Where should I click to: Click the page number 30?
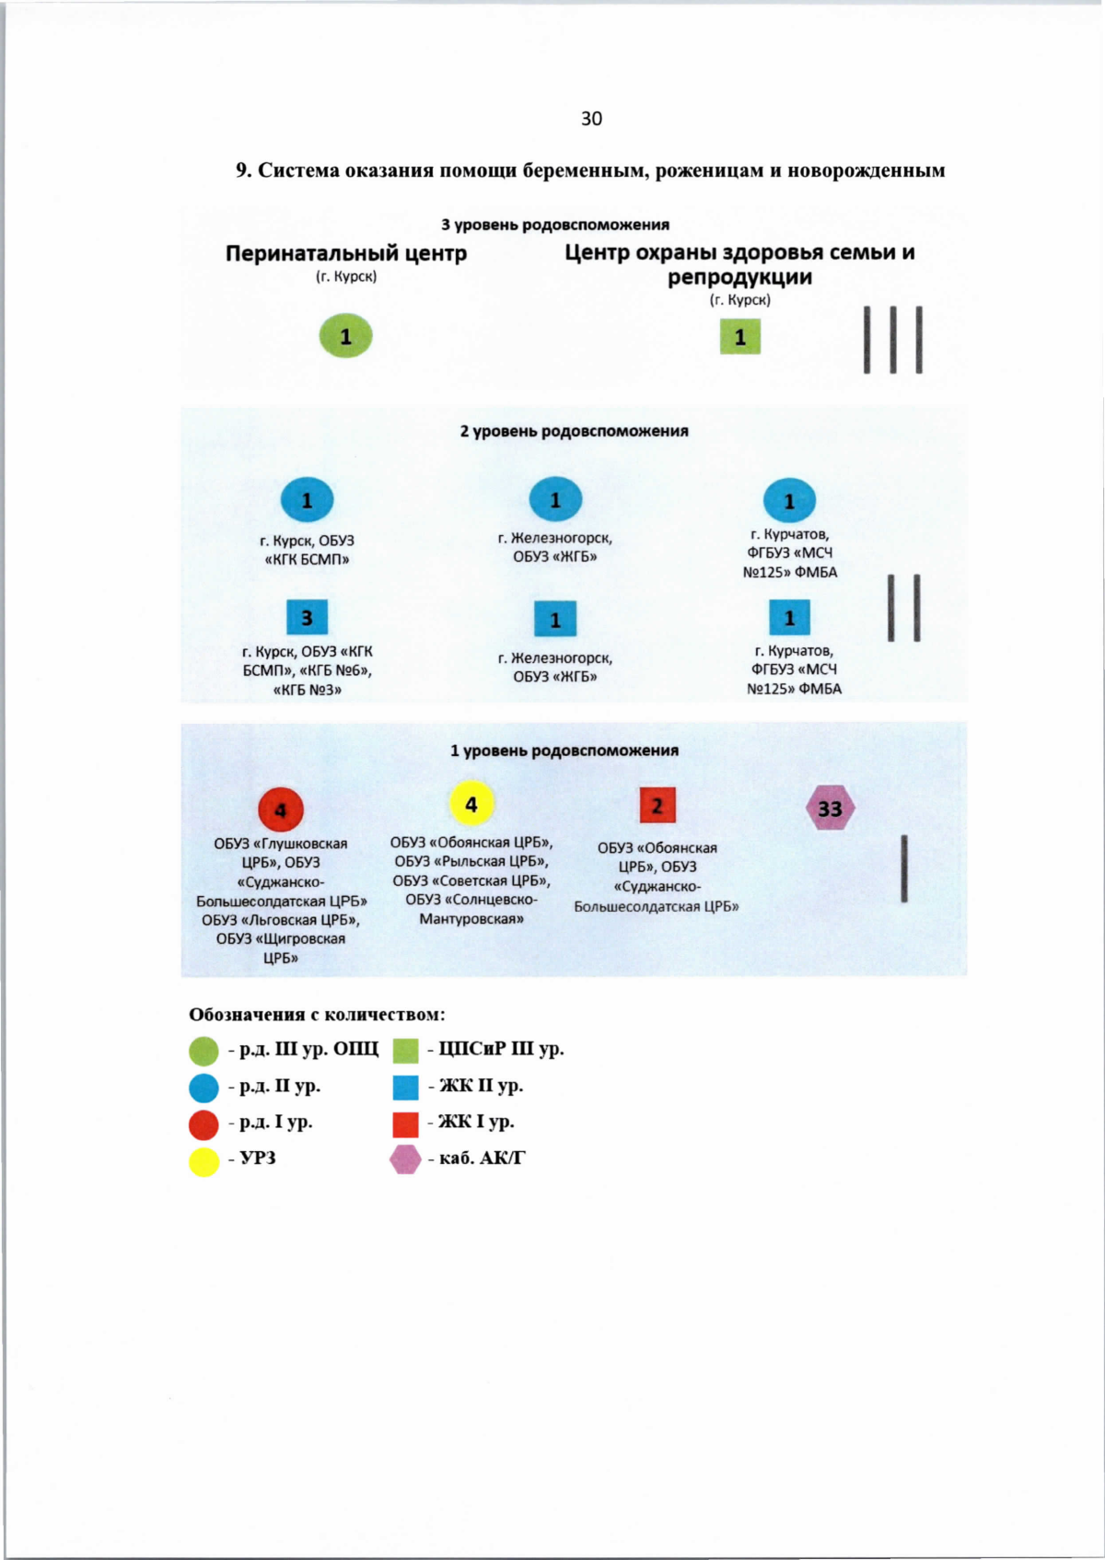pyautogui.click(x=591, y=119)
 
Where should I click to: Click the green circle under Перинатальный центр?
pyautogui.click(x=345, y=336)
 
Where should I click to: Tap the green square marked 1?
pyautogui.click(x=739, y=337)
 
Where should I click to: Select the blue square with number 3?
pyautogui.click(x=307, y=617)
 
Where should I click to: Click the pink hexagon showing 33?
pyautogui.click(x=830, y=809)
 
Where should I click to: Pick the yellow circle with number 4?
pyautogui.click(x=471, y=804)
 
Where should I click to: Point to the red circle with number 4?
pyautogui.click(x=281, y=810)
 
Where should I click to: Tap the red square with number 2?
pyautogui.click(x=657, y=806)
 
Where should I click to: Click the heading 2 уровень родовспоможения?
pyautogui.click(x=574, y=431)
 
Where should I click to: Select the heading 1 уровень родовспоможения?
pyautogui.click(x=564, y=751)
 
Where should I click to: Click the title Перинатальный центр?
pyautogui.click(x=346, y=253)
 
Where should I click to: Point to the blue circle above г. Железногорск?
pyautogui.click(x=555, y=500)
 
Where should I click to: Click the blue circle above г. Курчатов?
pyautogui.click(x=789, y=501)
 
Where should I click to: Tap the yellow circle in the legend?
pyautogui.click(x=204, y=1161)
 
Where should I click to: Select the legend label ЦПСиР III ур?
pyautogui.click(x=501, y=1049)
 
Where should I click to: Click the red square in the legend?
pyautogui.click(x=405, y=1124)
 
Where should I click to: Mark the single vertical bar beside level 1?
pyautogui.click(x=904, y=868)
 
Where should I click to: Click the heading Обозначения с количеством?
pyautogui.click(x=317, y=1015)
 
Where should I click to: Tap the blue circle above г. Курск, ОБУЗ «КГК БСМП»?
pyautogui.click(x=307, y=500)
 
